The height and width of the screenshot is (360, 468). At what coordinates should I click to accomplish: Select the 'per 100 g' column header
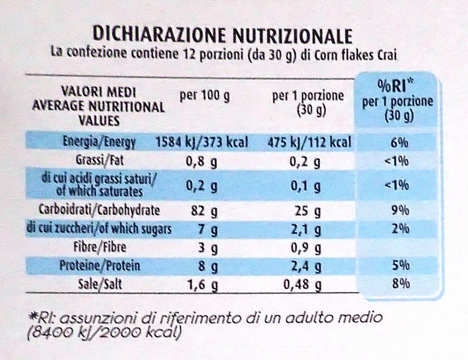(x=205, y=97)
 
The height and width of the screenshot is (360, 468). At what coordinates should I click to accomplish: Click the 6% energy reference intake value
(x=398, y=143)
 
